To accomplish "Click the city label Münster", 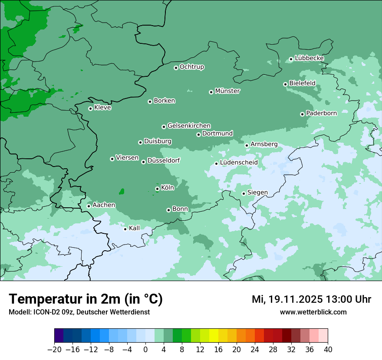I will [227, 91].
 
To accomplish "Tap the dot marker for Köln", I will [157, 189].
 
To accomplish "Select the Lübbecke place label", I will [309, 58].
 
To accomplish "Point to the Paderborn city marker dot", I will [302, 114].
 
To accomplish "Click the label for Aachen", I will [104, 205].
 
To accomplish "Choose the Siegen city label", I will [257, 193].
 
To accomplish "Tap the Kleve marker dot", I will [90, 108].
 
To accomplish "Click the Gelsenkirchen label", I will [189, 126].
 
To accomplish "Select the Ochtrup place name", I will [192, 67].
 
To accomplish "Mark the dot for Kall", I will [125, 229].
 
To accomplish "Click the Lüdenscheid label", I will [239, 163].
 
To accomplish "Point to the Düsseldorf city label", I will [164, 160].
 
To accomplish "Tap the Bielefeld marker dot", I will [285, 84].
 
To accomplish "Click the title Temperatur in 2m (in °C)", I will [86, 299].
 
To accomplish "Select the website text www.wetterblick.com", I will [313, 312].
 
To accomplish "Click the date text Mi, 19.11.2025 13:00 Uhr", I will [311, 299].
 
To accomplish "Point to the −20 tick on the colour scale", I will [55, 350].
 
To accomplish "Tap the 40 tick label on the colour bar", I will [328, 350].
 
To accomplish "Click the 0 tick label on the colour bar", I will [145, 350].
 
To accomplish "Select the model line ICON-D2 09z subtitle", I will [79, 312].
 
